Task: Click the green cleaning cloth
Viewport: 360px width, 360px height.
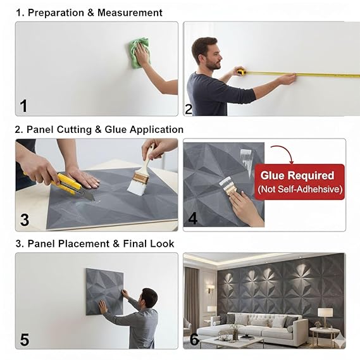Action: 139,53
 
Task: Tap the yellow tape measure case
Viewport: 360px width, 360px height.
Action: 241,71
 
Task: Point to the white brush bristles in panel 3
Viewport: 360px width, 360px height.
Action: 137,187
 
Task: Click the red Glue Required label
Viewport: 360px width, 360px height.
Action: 300,182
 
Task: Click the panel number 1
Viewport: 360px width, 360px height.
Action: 23,106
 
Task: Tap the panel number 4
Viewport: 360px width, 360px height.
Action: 192,218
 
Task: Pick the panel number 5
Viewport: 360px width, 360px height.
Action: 25,340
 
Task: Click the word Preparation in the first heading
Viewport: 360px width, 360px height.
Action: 56,13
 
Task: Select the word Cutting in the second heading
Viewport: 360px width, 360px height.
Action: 74,130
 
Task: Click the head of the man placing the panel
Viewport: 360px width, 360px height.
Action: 149,297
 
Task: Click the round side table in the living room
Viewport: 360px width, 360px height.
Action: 324,336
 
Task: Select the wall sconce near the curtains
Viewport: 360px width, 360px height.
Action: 210,289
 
